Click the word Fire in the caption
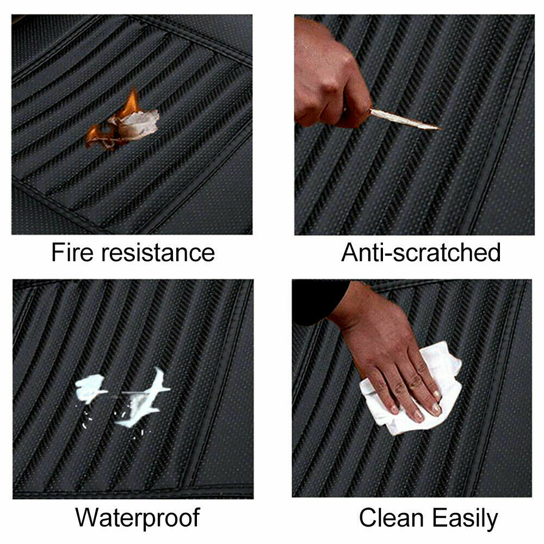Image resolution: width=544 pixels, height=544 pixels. pos(72,252)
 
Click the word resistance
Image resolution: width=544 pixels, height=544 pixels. pos(158,252)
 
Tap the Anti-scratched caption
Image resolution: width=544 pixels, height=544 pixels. pos(421,252)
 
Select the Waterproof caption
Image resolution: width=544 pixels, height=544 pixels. pos(138,518)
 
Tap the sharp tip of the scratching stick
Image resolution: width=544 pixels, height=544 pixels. pos(441,129)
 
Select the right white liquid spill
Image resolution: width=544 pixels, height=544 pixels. pos(144,399)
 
